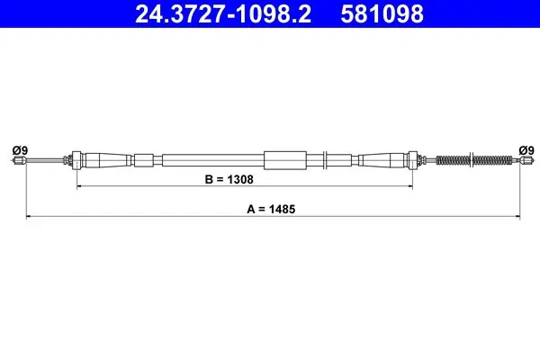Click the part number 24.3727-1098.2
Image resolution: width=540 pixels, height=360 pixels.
(223, 13)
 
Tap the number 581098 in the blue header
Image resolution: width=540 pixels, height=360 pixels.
(382, 13)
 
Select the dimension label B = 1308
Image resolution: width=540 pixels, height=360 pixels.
(229, 179)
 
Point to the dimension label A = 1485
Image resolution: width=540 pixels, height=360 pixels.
(271, 209)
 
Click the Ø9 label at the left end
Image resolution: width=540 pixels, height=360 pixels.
(20, 150)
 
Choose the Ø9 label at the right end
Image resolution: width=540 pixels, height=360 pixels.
(526, 150)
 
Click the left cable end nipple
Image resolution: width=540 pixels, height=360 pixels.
(20, 160)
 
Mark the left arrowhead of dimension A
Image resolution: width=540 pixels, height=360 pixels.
(29, 217)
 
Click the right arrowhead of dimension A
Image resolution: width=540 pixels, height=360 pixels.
(517, 217)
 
